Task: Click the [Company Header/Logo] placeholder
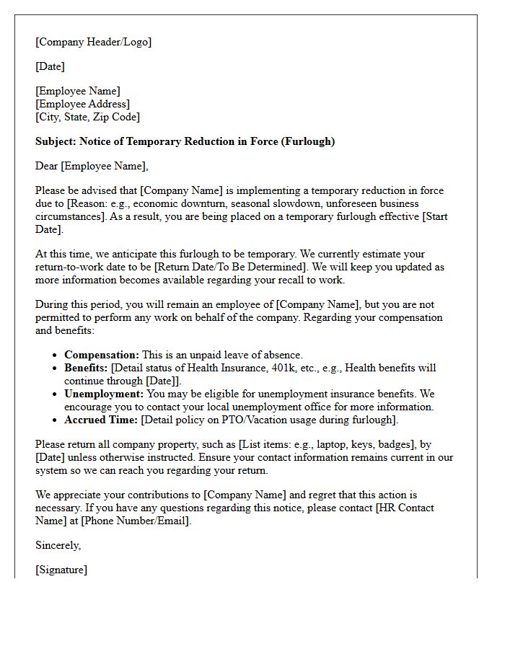pos(94,42)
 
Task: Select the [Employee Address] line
pos(83,104)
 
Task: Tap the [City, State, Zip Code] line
pos(87,117)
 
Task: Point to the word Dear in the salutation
pos(47,166)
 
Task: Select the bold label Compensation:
pos(102,355)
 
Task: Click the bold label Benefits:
pos(86,368)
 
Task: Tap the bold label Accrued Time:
pos(101,420)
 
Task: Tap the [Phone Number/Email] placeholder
pos(136,521)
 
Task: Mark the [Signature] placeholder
pos(61,570)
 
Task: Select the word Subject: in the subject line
pos(56,141)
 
